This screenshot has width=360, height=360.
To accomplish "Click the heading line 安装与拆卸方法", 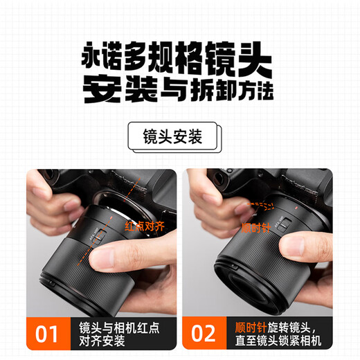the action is pos(178,90).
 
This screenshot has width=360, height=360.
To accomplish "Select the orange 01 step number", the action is pos(46,334).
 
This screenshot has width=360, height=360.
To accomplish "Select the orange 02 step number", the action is pos(203,333).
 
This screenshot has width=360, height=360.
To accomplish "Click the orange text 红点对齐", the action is pos(145,226).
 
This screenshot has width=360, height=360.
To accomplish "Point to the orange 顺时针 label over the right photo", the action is pos(256,228).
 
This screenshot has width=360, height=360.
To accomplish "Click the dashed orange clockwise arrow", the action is pos(261,206).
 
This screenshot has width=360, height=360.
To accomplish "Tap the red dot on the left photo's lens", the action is pos(111,217).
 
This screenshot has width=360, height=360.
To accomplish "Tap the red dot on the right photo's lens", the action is pos(296,208).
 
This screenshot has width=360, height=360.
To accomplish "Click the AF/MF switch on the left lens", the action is pos(100,237).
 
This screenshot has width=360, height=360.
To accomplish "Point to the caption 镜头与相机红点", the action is pos(119,327).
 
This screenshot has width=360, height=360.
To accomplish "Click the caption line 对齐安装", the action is pos(102,341).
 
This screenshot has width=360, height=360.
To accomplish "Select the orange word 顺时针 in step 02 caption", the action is pos(251,327).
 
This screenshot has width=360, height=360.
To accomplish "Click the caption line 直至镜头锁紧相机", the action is pos(278,341).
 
